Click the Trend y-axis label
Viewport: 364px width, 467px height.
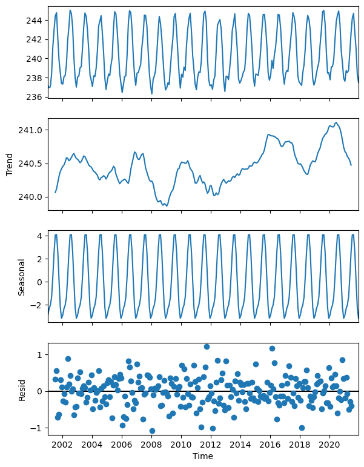(x=10, y=164)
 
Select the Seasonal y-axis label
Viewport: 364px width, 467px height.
(x=21, y=277)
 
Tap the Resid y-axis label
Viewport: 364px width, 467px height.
(x=21, y=391)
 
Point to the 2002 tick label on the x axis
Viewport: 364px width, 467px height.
(x=62, y=444)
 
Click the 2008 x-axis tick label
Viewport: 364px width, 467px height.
(x=151, y=444)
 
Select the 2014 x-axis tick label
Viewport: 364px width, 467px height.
(x=240, y=444)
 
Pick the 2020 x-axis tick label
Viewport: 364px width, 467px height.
(x=330, y=444)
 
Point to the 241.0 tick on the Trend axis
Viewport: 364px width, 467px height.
(x=31, y=130)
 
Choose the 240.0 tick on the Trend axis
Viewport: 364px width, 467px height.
(x=31, y=197)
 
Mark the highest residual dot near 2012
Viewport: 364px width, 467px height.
(x=207, y=347)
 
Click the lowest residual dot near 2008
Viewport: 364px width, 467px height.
(x=152, y=431)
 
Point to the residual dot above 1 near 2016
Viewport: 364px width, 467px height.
(x=272, y=349)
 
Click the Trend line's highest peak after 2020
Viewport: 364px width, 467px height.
(x=337, y=122)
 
